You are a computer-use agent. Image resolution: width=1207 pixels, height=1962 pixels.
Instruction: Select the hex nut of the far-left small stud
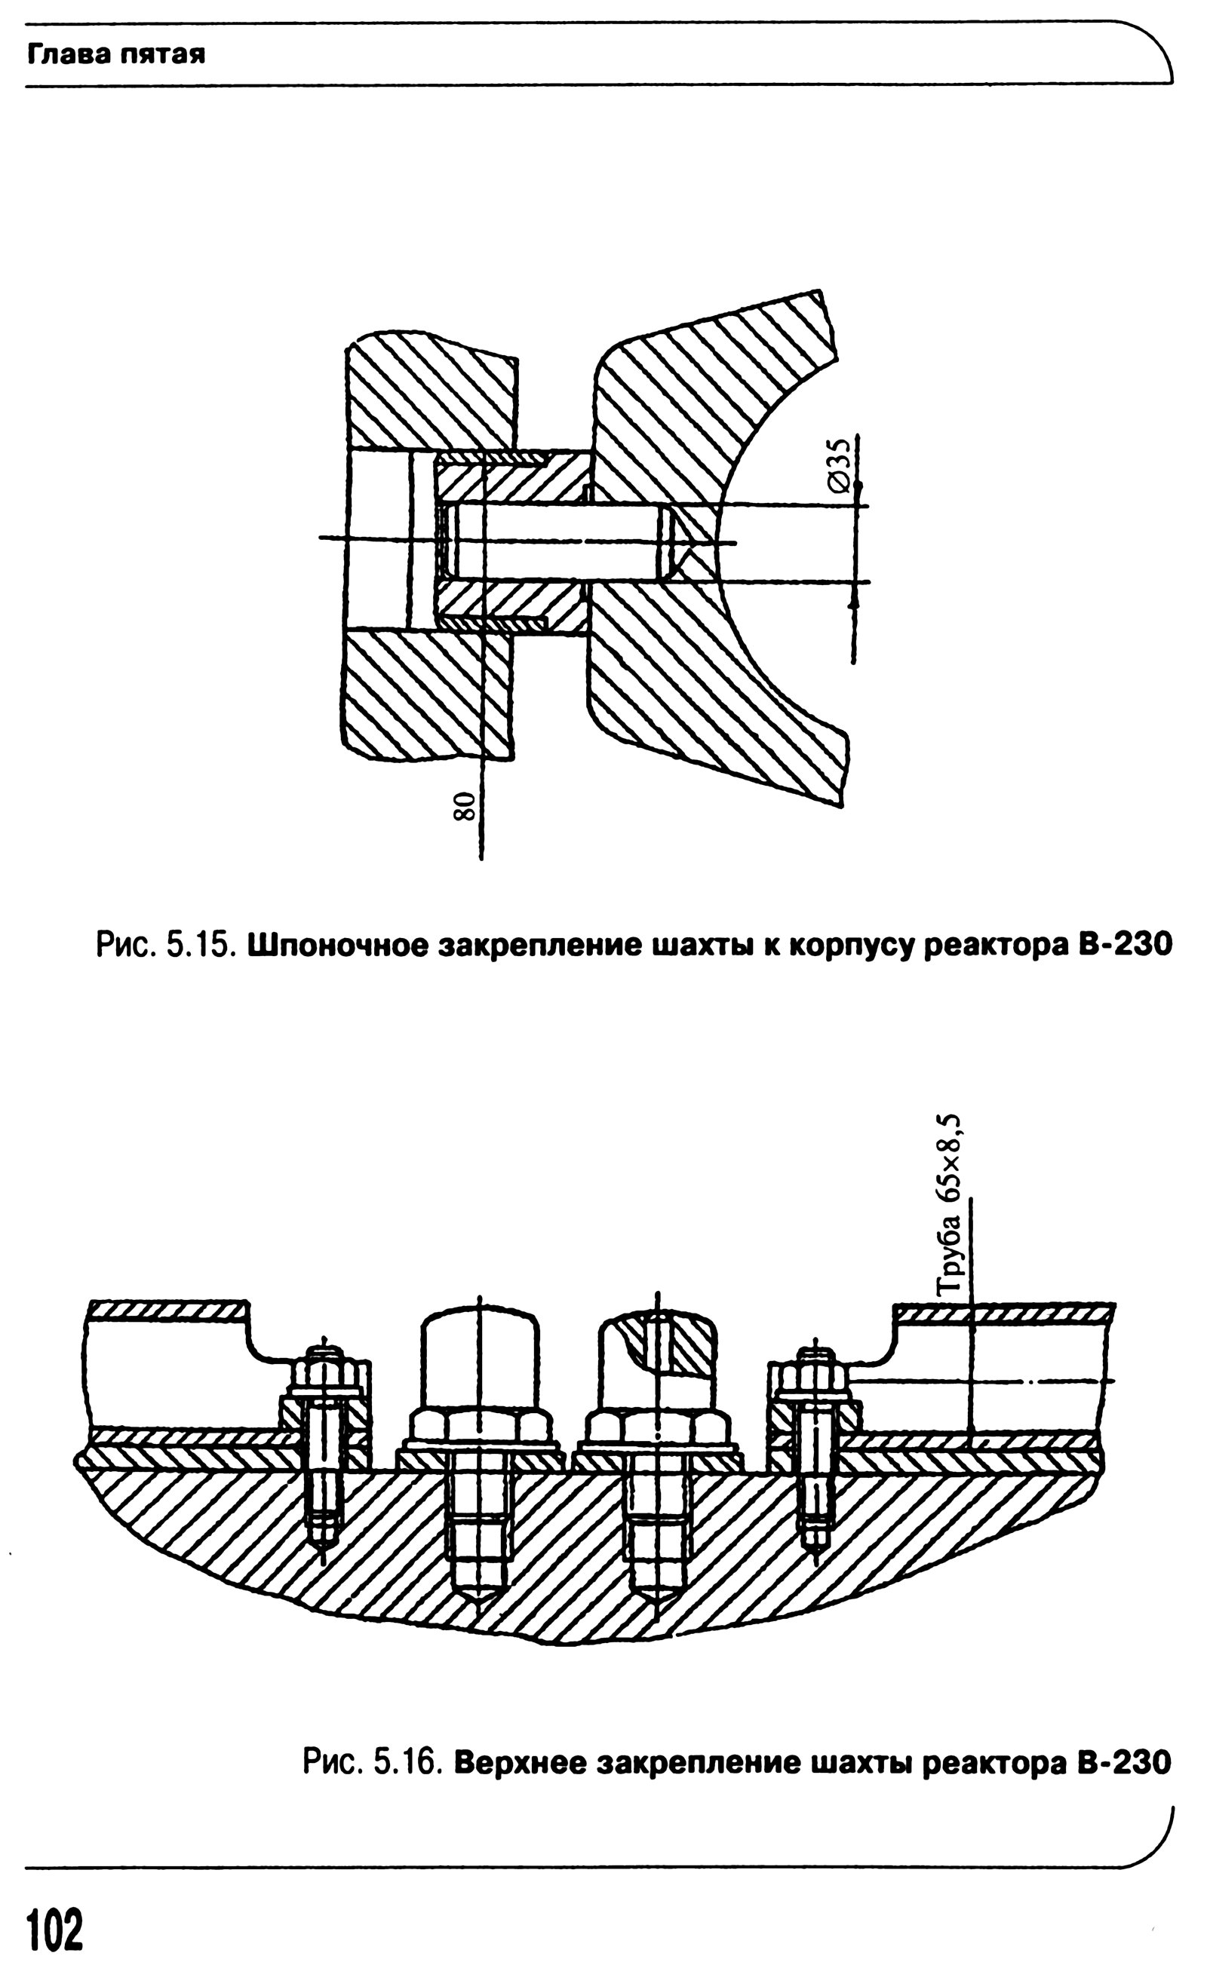(x=324, y=1373)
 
